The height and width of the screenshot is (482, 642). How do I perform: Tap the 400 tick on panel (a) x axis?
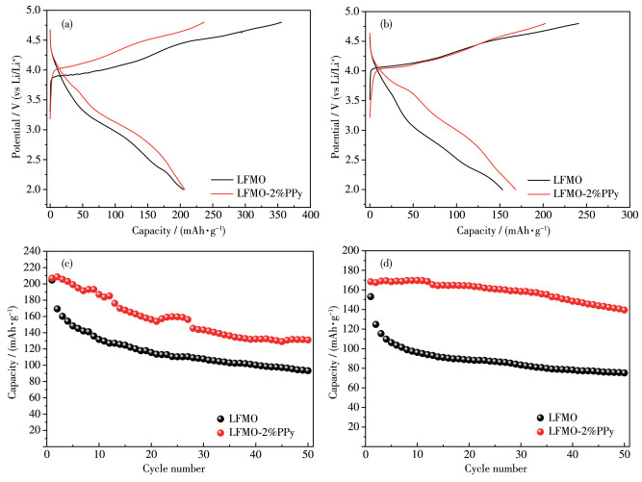pos(310,205)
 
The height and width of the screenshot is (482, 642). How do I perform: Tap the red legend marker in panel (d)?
pos(544,433)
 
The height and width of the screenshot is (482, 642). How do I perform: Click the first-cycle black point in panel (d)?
pos(371,296)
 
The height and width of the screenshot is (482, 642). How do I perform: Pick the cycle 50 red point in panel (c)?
pos(307,340)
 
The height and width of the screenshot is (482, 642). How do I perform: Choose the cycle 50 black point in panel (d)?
pos(624,372)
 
